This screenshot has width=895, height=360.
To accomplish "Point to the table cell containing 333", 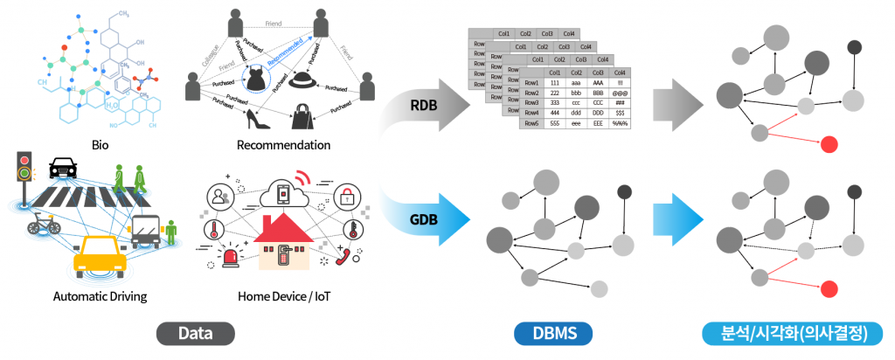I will (553, 102).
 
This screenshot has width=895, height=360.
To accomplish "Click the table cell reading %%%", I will (620, 124).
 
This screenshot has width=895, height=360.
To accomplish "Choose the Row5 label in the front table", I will (531, 124).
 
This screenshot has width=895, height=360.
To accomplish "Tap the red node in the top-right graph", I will (829, 144).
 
